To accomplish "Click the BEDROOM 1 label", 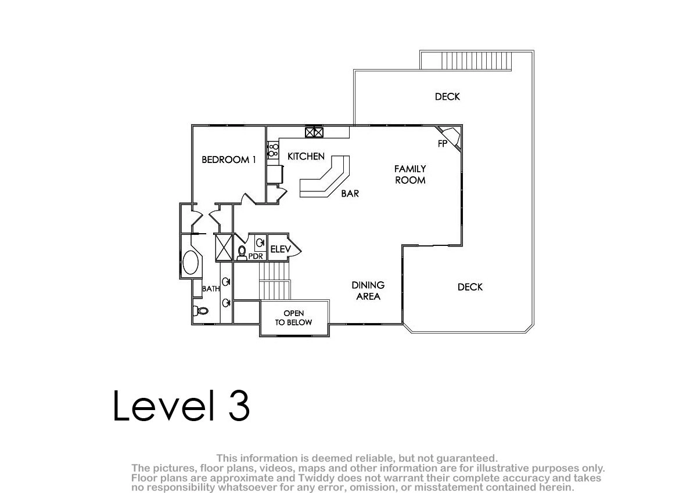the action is click(x=229, y=159).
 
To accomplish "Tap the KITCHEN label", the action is click(x=306, y=156).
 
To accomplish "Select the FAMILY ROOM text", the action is click(x=410, y=174).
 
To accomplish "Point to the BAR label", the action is click(x=350, y=194).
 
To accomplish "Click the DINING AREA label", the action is click(x=368, y=291).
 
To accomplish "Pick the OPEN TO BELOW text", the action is click(x=293, y=318).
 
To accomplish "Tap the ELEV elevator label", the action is click(x=281, y=249).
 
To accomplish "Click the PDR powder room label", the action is click(x=256, y=256).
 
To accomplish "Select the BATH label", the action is click(x=211, y=289).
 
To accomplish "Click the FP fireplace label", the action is click(x=443, y=143).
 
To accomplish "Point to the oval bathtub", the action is click(x=191, y=263).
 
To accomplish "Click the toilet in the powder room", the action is click(x=242, y=253).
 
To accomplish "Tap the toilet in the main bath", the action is click(x=201, y=310).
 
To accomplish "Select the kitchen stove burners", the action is click(x=273, y=150).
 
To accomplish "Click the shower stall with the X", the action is click(x=224, y=248).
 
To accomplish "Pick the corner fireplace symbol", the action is click(x=451, y=137).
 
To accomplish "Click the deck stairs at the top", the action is click(x=476, y=60).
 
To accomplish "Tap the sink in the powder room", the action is click(x=260, y=243).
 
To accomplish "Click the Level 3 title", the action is click(x=181, y=405).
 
